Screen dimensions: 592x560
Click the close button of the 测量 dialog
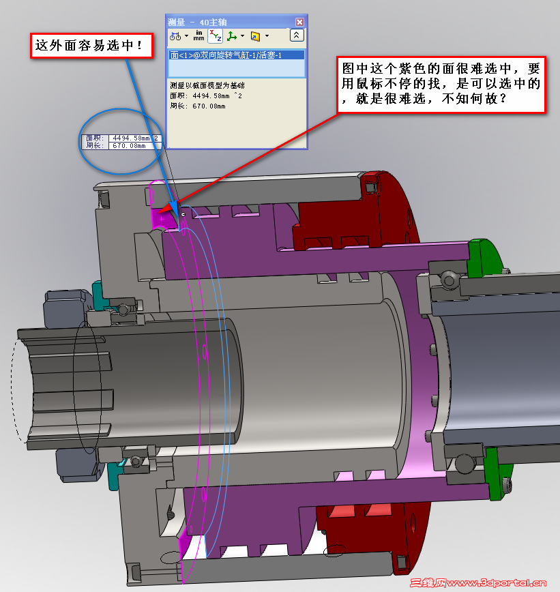click(x=298, y=22)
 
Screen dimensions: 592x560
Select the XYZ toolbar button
click(x=215, y=35)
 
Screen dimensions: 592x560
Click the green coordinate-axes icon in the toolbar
click(x=232, y=35)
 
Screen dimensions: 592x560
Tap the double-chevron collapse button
click(x=297, y=35)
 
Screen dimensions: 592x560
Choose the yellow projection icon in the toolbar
click(x=255, y=35)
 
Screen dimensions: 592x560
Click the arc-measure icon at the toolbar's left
click(x=176, y=35)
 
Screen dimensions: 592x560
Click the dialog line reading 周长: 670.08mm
click(x=197, y=106)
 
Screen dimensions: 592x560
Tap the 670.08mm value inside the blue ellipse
click(x=129, y=145)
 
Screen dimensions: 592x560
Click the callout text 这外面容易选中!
click(x=89, y=46)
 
